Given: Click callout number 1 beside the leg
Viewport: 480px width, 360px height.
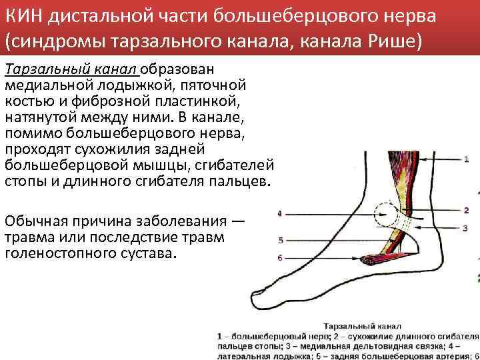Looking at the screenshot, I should [x=467, y=159].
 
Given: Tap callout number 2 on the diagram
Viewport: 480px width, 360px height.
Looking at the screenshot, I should [x=467, y=210].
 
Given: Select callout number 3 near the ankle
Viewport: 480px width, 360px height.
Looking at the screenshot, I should [x=467, y=228].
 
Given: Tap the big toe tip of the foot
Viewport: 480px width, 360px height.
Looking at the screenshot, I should [x=254, y=294].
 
